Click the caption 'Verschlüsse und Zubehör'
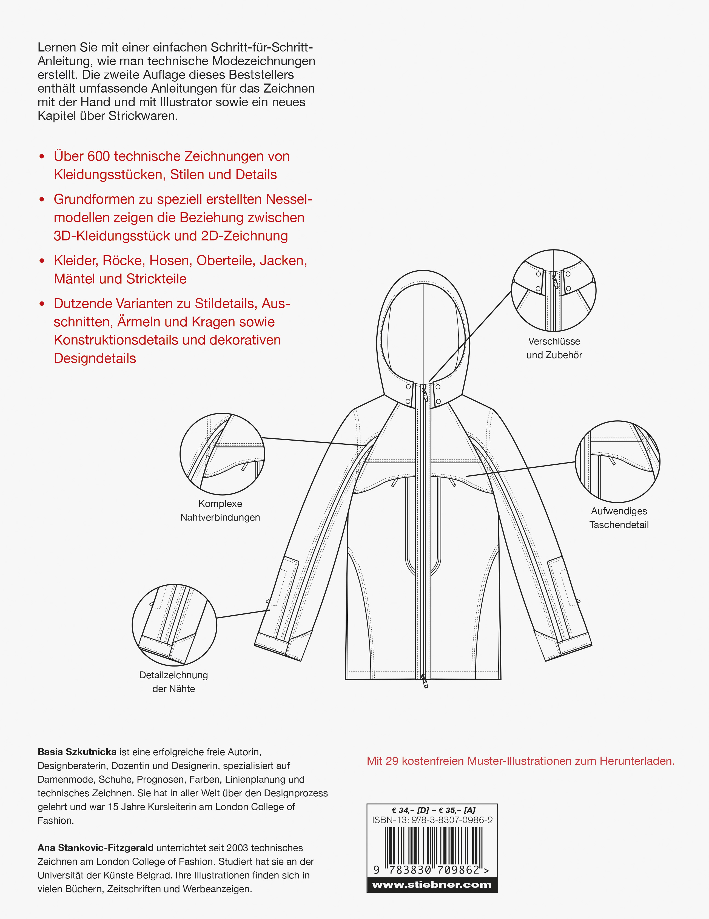coord(554,348)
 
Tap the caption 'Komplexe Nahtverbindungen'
coord(220,510)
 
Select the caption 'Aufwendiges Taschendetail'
coord(619,518)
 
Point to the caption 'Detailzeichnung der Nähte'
coord(173,682)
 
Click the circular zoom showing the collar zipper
coord(554,290)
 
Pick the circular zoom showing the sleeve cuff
coord(174,625)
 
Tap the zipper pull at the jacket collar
coord(425,395)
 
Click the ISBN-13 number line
coord(432,820)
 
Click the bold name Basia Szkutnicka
coord(77,752)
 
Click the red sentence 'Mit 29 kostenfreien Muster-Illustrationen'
coord(521,761)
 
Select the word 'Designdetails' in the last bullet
coord(95,358)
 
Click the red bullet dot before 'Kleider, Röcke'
coord(42,261)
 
